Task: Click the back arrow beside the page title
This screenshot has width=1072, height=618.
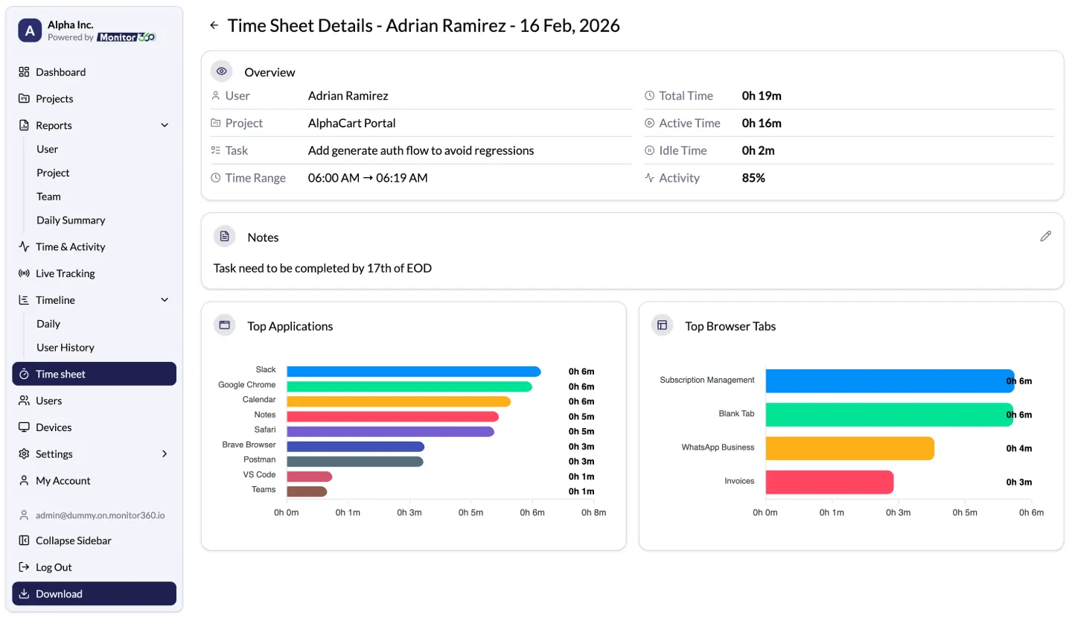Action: click(x=214, y=25)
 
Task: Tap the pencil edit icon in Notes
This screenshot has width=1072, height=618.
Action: click(x=1045, y=237)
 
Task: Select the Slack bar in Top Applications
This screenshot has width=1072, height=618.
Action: click(x=413, y=372)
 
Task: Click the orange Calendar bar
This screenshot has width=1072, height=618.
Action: click(x=398, y=401)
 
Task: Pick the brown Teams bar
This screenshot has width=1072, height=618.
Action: click(x=307, y=491)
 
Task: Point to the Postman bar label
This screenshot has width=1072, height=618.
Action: click(x=259, y=460)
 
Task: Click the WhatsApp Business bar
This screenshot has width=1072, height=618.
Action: click(x=849, y=448)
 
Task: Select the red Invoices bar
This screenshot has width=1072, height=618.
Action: click(x=829, y=482)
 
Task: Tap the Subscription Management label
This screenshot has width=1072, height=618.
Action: click(x=706, y=380)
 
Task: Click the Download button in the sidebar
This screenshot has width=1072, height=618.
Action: click(x=94, y=593)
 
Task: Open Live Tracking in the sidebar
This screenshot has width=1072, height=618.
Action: click(x=66, y=273)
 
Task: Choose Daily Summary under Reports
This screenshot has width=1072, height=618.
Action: click(x=71, y=220)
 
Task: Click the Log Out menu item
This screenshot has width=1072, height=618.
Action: click(x=54, y=567)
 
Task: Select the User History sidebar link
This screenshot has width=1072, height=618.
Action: click(x=66, y=348)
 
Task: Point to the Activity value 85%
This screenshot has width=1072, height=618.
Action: click(x=753, y=178)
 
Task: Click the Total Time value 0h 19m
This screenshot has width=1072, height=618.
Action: click(x=762, y=96)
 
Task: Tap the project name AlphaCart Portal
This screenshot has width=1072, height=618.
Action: click(x=351, y=124)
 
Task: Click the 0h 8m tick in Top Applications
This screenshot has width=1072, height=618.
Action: click(x=593, y=513)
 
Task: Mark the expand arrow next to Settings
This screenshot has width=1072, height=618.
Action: click(x=165, y=454)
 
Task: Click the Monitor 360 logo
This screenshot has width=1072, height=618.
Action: click(x=126, y=37)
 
